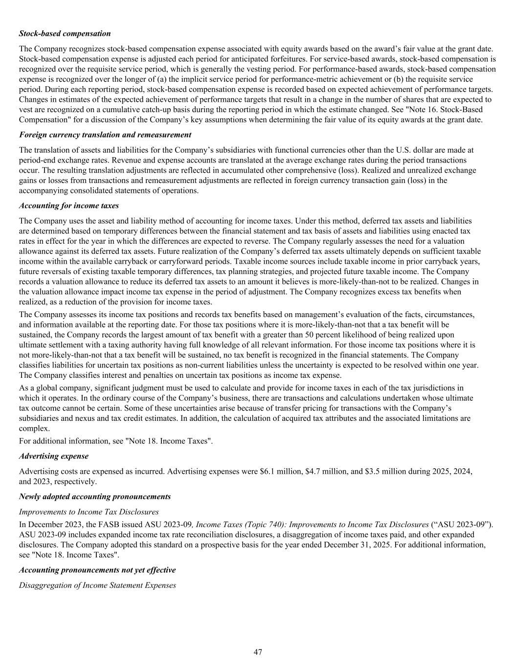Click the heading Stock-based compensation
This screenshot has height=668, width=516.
(65, 34)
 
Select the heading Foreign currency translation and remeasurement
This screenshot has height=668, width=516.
(105, 135)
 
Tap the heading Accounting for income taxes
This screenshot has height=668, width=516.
(68, 206)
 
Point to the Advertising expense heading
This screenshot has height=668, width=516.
(53, 456)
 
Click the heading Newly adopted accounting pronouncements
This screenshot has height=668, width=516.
(94, 497)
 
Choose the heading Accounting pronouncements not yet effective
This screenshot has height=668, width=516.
(97, 570)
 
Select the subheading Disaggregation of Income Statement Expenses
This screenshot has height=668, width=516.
(97, 585)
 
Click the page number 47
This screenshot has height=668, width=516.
(258, 652)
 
